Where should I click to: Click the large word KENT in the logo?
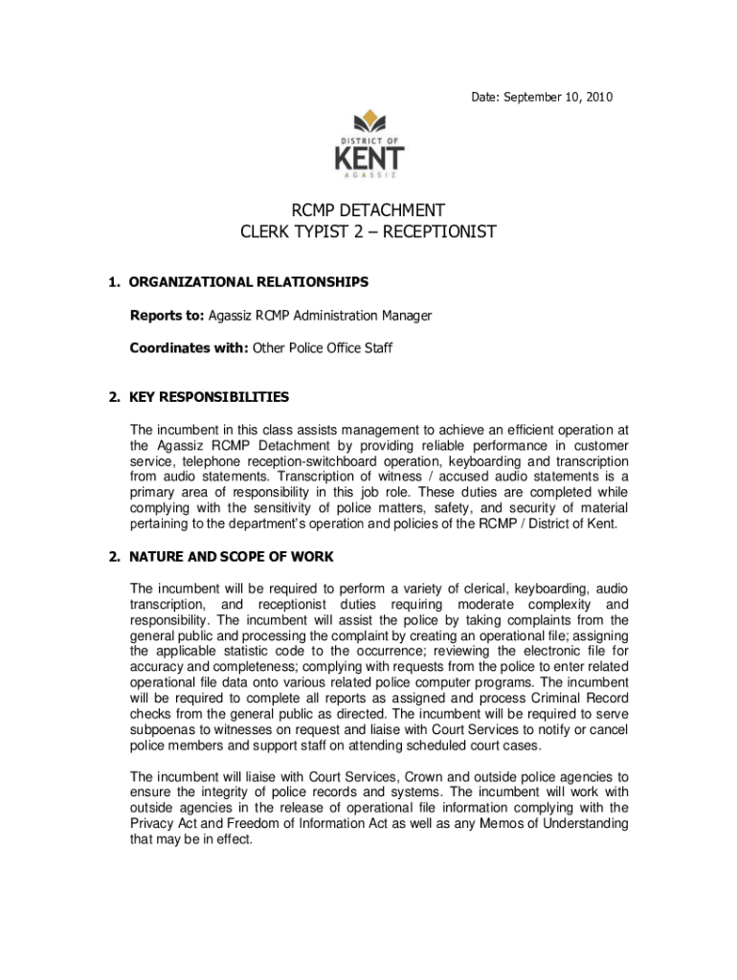pos(369,158)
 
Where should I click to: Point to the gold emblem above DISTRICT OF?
pos(368,122)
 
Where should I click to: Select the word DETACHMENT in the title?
pos(396,211)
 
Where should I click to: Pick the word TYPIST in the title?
pos(324,233)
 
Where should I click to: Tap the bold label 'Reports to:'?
pos(167,316)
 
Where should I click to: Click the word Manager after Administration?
pos(407,316)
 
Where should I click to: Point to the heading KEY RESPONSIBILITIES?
pos(209,397)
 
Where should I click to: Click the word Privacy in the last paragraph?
pos(152,823)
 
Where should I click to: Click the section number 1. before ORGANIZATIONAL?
pos(114,282)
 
